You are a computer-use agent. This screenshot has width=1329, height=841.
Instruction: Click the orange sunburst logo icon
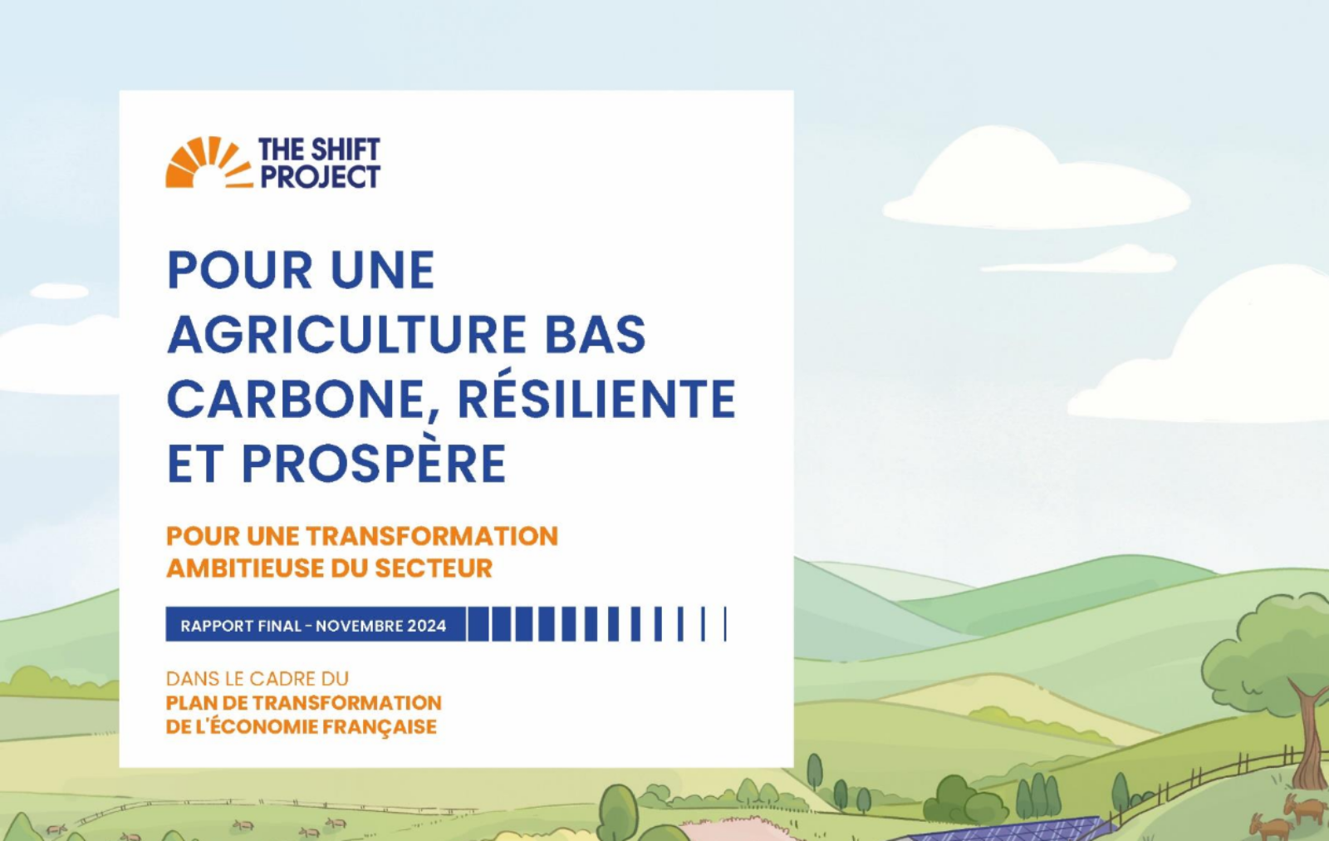tap(208, 162)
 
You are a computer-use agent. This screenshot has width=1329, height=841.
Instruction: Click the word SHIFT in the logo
tap(345, 150)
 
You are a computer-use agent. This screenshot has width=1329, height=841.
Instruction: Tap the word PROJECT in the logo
tap(321, 176)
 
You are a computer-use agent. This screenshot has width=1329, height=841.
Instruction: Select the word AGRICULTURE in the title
tap(346, 334)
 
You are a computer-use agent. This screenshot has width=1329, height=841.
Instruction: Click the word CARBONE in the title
tap(295, 399)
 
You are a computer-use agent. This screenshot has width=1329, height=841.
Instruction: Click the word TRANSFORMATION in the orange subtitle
tap(432, 536)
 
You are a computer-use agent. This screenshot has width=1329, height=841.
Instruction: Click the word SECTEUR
tap(433, 568)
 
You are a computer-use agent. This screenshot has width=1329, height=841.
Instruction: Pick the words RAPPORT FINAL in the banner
tap(241, 626)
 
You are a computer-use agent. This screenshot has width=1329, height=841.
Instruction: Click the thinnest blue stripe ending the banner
tap(725, 624)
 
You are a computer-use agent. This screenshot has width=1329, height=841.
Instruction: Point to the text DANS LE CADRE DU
tap(257, 678)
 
